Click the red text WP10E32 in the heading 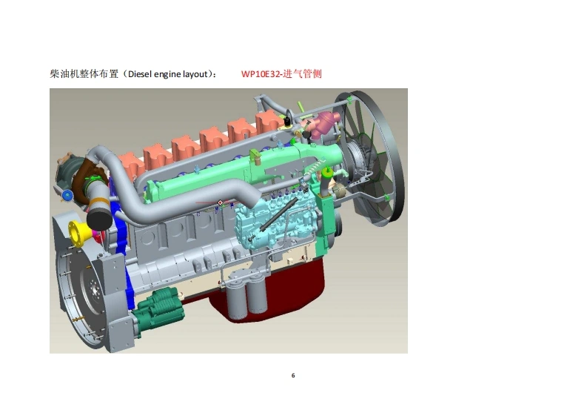pos(260,74)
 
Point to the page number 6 pos(293,375)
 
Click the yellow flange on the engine pos(79,234)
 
